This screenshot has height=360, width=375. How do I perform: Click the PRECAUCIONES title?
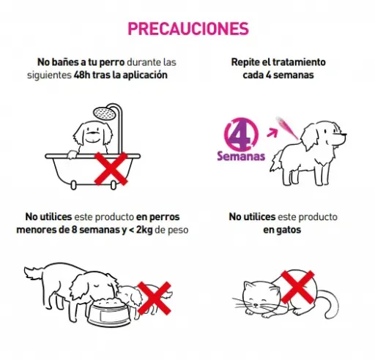click(x=188, y=29)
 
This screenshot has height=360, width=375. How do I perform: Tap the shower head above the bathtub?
click(x=105, y=113)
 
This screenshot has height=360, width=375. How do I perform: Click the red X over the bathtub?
click(x=111, y=168)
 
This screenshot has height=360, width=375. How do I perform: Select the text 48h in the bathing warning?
click(x=82, y=75)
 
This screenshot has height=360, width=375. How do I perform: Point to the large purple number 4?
click(x=240, y=134)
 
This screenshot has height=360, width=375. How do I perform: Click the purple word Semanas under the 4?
click(x=241, y=156)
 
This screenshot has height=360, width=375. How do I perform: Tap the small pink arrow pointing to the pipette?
click(x=272, y=132)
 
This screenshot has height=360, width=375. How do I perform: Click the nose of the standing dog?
click(x=344, y=135)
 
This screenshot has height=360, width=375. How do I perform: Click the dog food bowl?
click(x=108, y=313)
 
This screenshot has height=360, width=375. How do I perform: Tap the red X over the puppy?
click(x=155, y=299)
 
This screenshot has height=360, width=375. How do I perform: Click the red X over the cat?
click(x=297, y=287)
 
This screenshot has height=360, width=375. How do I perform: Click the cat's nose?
click(x=256, y=304)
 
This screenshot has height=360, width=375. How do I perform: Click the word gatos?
click(x=289, y=230)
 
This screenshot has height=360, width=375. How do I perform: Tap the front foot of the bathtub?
click(x=73, y=185)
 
